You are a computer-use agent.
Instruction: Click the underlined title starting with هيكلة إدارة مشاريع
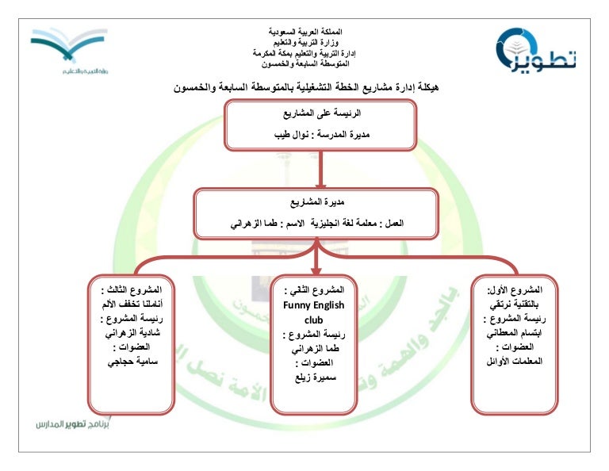pos(305,85)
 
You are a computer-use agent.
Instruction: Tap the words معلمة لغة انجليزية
pos(349,224)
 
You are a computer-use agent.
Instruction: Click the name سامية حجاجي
pos(132,362)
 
